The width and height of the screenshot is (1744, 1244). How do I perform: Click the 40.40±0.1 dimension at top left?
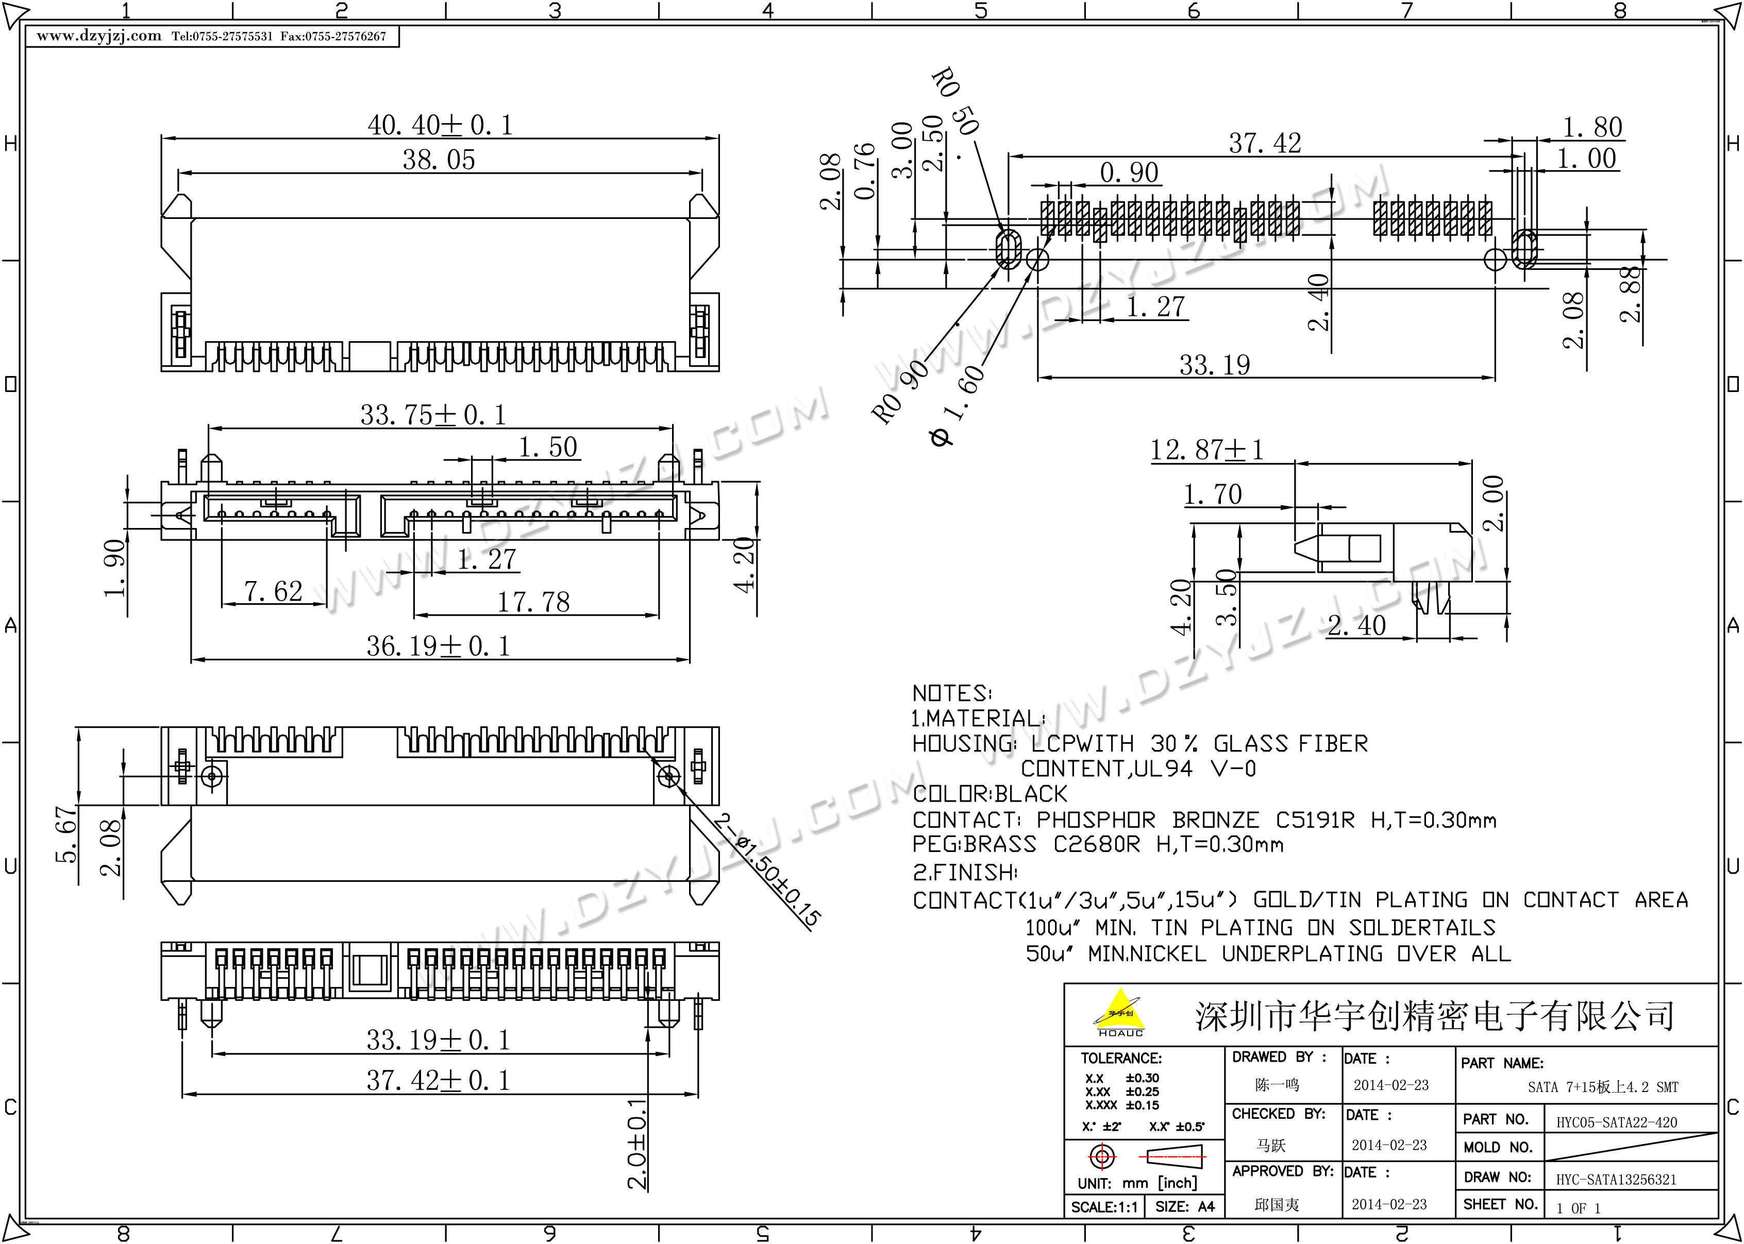[x=440, y=125]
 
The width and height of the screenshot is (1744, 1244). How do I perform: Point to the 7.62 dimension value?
[x=273, y=591]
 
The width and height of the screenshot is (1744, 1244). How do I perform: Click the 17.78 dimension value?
[x=533, y=602]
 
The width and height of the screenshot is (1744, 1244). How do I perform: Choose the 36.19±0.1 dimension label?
[x=438, y=646]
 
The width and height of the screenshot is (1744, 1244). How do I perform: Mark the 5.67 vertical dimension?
[x=66, y=834]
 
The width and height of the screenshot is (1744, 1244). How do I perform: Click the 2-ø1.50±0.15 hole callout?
[x=767, y=871]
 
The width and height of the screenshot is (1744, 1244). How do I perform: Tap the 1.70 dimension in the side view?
[x=1212, y=494]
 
